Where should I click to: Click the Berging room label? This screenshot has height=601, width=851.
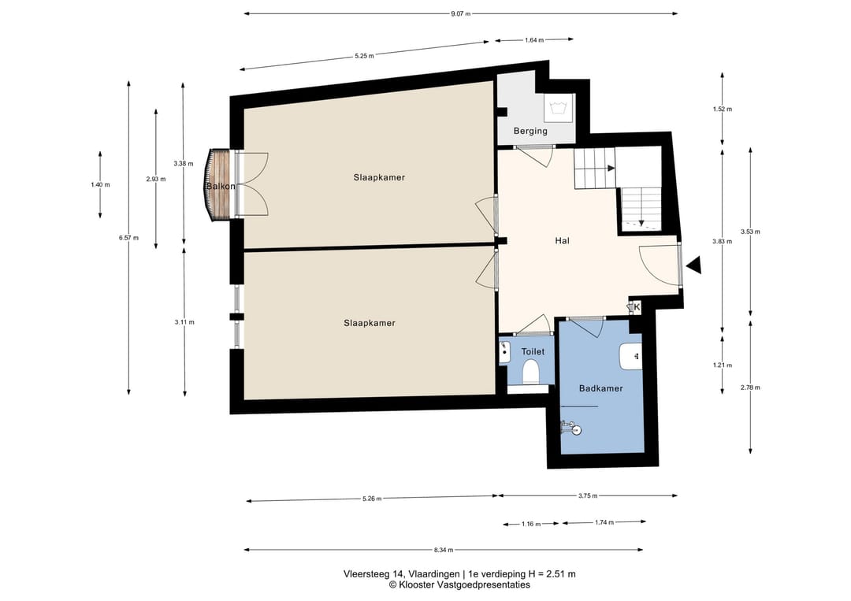point(530,132)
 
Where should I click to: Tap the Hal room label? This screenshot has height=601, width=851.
point(563,241)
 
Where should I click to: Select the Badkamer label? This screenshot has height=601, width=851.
point(600,388)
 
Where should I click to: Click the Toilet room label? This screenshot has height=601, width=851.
point(533,351)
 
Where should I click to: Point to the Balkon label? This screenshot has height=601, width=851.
point(221,186)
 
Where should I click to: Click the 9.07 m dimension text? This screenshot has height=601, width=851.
point(460,13)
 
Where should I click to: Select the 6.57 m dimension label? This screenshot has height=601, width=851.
point(128,238)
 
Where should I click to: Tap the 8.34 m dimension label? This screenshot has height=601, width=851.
point(444,550)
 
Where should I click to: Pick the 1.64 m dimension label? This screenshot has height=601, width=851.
point(534,39)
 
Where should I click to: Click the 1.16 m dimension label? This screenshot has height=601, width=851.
point(531,524)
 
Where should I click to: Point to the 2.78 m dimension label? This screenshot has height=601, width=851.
point(750,388)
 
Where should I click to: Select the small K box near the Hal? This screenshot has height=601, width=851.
point(635,307)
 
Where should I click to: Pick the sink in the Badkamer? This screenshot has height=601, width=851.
point(630,356)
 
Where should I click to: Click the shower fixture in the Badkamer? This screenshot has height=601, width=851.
point(571,428)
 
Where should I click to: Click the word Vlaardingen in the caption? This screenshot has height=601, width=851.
point(433,574)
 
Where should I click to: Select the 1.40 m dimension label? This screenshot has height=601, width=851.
point(100,184)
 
